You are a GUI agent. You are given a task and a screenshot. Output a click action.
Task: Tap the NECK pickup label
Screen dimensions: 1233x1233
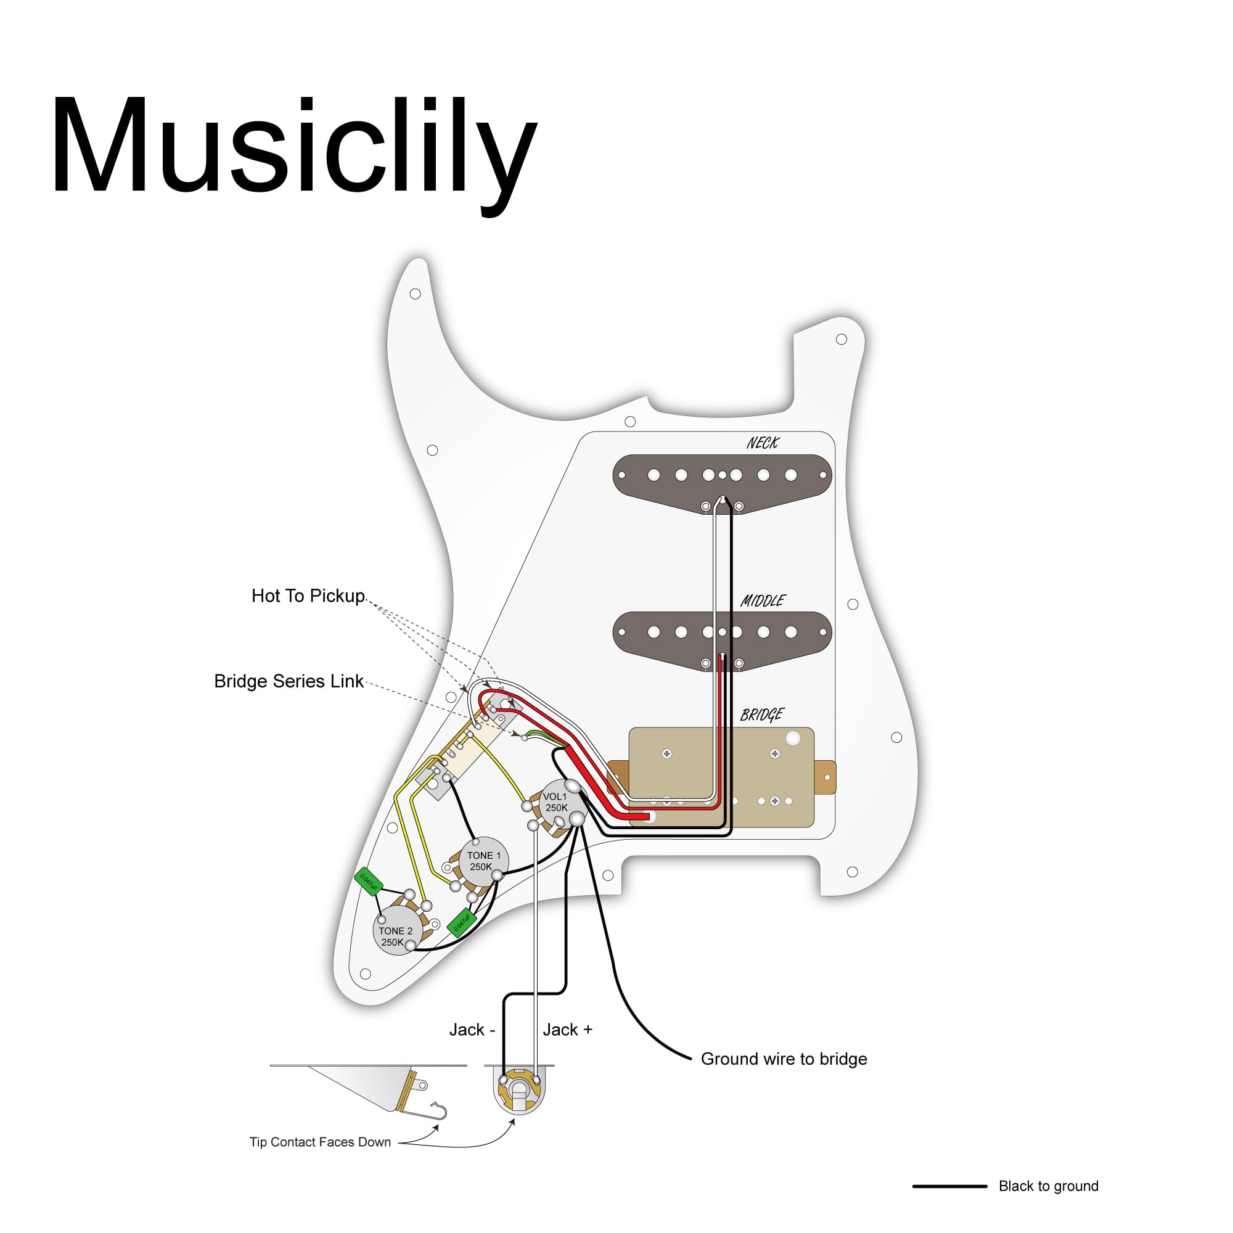[x=762, y=443]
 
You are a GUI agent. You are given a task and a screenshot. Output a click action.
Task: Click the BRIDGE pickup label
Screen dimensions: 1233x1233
[x=761, y=714]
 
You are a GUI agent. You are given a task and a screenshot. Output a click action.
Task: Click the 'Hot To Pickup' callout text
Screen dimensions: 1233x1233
[x=308, y=596]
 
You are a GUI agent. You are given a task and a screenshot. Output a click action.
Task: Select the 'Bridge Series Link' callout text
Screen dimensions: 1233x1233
[x=289, y=681]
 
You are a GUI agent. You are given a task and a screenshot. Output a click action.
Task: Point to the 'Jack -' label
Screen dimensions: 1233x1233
[x=472, y=1030]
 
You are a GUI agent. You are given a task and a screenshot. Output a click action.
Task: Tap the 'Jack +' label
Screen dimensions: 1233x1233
[x=567, y=1030]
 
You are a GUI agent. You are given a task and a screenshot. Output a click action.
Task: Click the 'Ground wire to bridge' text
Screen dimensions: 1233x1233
[x=783, y=1059]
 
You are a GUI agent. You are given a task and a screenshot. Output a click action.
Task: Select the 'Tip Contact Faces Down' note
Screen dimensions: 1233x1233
[x=320, y=1142]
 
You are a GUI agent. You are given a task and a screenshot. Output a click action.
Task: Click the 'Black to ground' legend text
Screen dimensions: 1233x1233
[x=1048, y=1186]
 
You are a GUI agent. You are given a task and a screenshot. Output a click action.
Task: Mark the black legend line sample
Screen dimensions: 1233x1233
[x=949, y=1186]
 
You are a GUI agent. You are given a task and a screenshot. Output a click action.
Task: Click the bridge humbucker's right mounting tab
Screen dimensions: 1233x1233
[x=824, y=777]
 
